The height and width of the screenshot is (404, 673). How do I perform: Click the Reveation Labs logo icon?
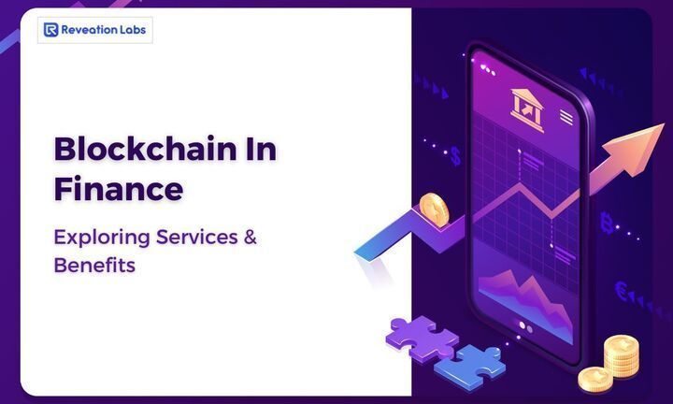(50, 30)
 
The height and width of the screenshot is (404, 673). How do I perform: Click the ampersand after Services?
(250, 236)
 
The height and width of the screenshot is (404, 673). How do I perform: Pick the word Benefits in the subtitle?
(94, 265)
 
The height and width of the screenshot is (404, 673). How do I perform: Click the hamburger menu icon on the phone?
(566, 117)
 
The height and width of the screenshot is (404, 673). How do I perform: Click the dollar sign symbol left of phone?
(455, 154)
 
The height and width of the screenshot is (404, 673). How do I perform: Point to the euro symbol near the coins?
(622, 291)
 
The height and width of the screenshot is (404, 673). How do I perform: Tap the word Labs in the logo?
(131, 30)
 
